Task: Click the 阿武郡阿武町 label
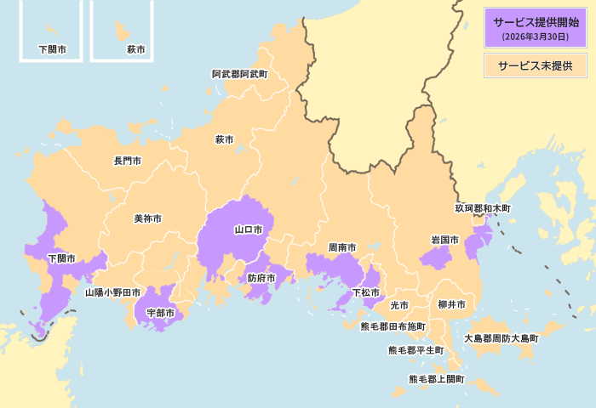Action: tap(239, 75)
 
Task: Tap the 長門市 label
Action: tap(128, 161)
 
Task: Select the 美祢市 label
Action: tap(147, 218)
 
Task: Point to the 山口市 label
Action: tap(249, 229)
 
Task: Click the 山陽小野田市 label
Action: tap(112, 292)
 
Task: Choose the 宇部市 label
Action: tap(160, 314)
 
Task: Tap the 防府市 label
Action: tap(261, 278)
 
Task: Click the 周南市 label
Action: tap(342, 247)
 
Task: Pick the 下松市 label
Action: tap(366, 292)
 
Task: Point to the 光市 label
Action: tap(399, 305)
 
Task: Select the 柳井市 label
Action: tap(451, 305)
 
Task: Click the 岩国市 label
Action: tap(444, 241)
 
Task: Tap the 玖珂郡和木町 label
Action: tap(483, 207)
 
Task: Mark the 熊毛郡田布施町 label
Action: tap(393, 326)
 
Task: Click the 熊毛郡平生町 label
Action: tap(416, 350)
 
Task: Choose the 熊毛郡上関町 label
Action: tap(437, 379)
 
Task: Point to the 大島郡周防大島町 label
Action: tap(501, 338)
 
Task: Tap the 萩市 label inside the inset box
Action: tap(135, 49)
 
